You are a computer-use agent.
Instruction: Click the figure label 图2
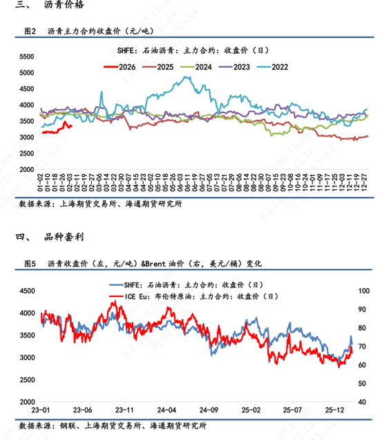(30, 31)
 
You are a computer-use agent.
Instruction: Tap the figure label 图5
(30, 263)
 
